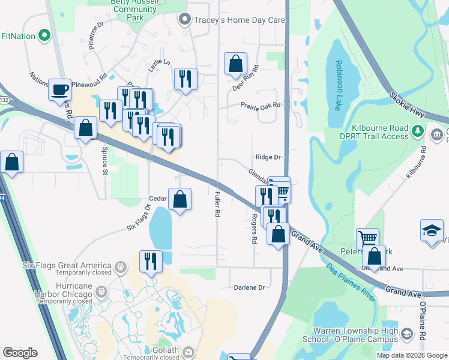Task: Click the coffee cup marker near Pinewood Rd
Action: [59, 89]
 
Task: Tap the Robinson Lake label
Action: [339, 85]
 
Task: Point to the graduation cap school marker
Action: [432, 232]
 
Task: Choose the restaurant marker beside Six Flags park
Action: [150, 261]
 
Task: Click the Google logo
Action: [20, 353]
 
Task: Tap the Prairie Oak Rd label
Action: [261, 105]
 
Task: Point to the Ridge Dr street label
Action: [268, 157]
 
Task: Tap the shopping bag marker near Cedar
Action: [179, 199]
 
